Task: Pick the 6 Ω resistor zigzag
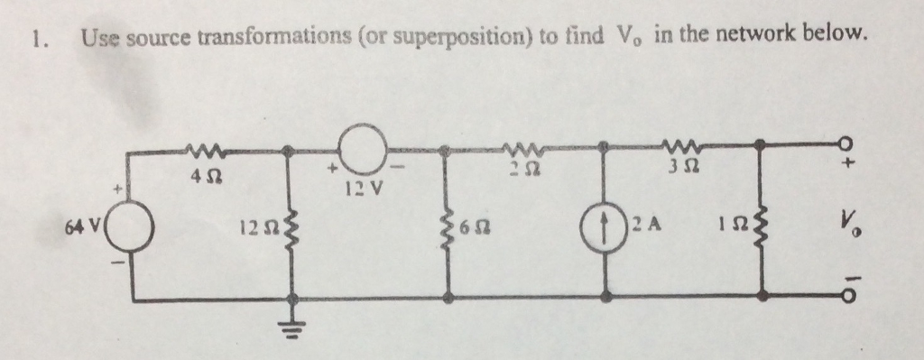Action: click(448, 225)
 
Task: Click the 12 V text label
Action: click(362, 189)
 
